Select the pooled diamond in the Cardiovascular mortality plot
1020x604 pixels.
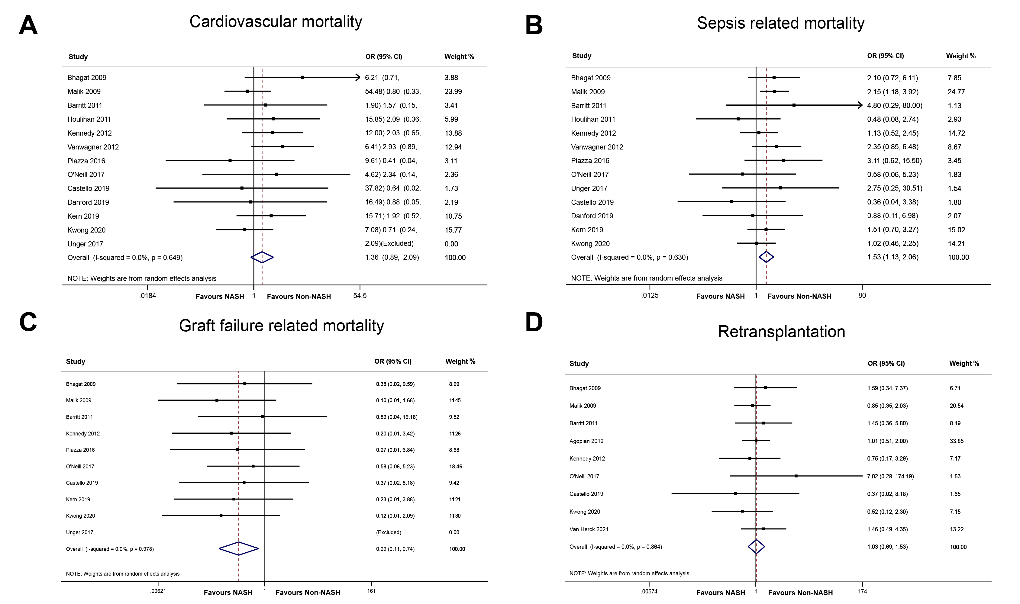tap(262, 257)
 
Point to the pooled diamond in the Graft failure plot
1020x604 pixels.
tap(239, 549)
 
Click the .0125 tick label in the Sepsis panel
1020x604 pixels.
tap(650, 295)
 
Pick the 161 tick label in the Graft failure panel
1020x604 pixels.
tap(371, 591)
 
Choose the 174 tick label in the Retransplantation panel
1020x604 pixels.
tap(862, 591)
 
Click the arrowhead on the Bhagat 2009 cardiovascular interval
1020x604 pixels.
tap(358, 77)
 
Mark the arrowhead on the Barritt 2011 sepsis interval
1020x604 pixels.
tap(860, 105)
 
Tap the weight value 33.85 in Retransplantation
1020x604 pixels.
tap(957, 441)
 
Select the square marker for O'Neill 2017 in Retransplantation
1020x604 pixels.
tap(796, 476)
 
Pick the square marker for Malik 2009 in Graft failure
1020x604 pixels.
tap(217, 400)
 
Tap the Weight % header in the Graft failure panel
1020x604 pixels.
tap(460, 361)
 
